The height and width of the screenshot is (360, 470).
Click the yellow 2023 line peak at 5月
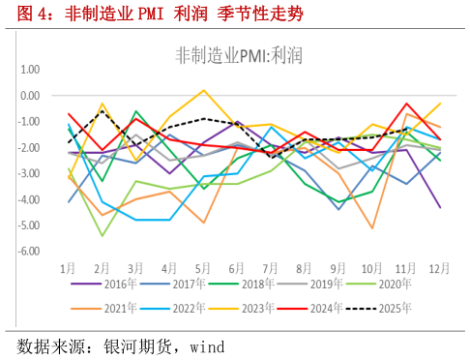click(x=204, y=91)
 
